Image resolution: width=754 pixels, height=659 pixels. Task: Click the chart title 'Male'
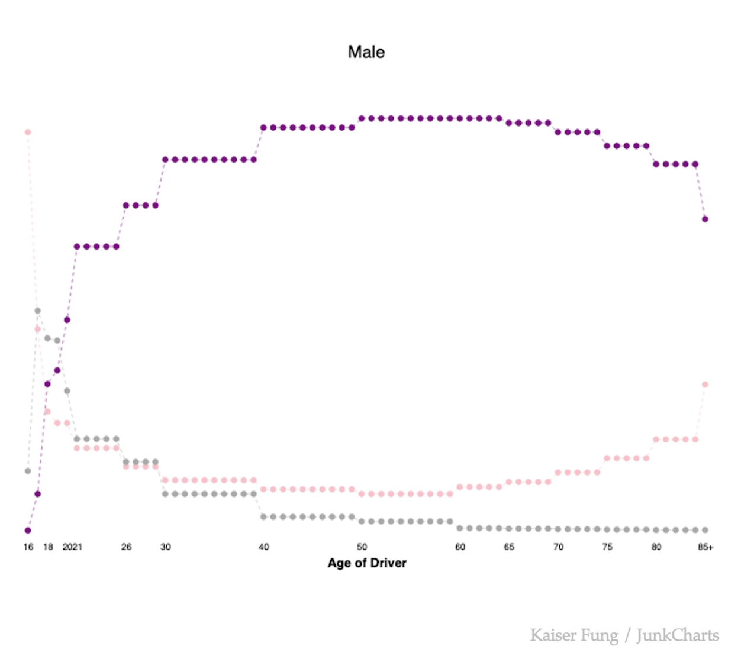[366, 52]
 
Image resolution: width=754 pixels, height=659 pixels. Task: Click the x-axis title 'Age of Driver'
[367, 563]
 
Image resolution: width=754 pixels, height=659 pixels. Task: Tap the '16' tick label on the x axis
[28, 547]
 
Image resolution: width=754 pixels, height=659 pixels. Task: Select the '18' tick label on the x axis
[48, 547]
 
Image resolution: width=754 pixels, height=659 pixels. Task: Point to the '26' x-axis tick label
[126, 547]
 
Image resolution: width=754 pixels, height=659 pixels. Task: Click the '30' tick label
[166, 547]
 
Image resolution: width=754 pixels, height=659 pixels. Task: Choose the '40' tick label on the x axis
[264, 547]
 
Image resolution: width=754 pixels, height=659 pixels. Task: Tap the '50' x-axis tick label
[362, 547]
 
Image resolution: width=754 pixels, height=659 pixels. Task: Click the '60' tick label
[460, 547]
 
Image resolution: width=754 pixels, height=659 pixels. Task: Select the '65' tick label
[509, 547]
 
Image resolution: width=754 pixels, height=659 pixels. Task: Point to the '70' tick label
[558, 547]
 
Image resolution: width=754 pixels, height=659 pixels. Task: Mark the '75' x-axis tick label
[607, 547]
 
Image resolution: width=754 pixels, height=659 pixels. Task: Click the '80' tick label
[656, 547]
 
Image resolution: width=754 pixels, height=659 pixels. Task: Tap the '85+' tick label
[705, 547]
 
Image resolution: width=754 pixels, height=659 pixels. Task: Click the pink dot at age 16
[28, 132]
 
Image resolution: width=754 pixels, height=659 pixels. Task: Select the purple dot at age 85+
[705, 219]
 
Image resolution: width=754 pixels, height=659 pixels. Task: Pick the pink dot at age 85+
[705, 385]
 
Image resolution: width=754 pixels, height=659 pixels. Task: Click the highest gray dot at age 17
[37, 311]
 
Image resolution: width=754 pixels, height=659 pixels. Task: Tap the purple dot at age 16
[28, 531]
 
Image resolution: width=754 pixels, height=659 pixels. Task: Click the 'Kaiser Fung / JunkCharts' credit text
[624, 635]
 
